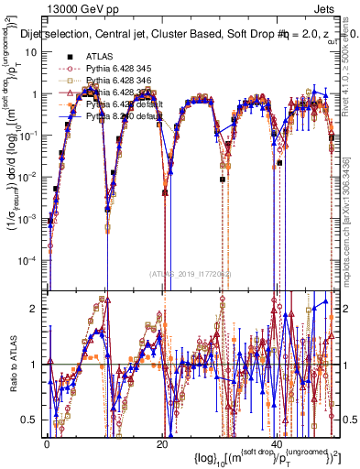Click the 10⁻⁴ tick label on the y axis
coord(28,260)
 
